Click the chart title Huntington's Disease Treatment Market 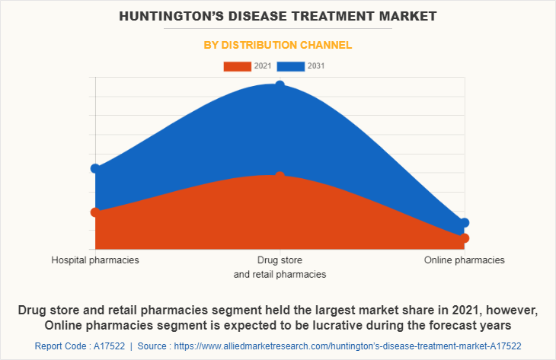pyautogui.click(x=277, y=15)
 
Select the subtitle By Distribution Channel pyautogui.click(x=277, y=45)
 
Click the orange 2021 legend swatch pyautogui.click(x=237, y=66)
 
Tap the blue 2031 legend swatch pyautogui.click(x=291, y=66)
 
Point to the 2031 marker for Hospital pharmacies pyautogui.click(x=95, y=168)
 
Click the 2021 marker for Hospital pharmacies pyautogui.click(x=95, y=212)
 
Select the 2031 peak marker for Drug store pyautogui.click(x=280, y=85)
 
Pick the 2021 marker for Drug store pyautogui.click(x=280, y=176)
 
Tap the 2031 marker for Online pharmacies pyautogui.click(x=465, y=223)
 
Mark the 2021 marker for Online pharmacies pyautogui.click(x=465, y=238)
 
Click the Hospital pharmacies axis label pyautogui.click(x=95, y=260)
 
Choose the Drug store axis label pyautogui.click(x=280, y=260)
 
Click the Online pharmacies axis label pyautogui.click(x=465, y=260)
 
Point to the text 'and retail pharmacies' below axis pyautogui.click(x=280, y=274)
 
